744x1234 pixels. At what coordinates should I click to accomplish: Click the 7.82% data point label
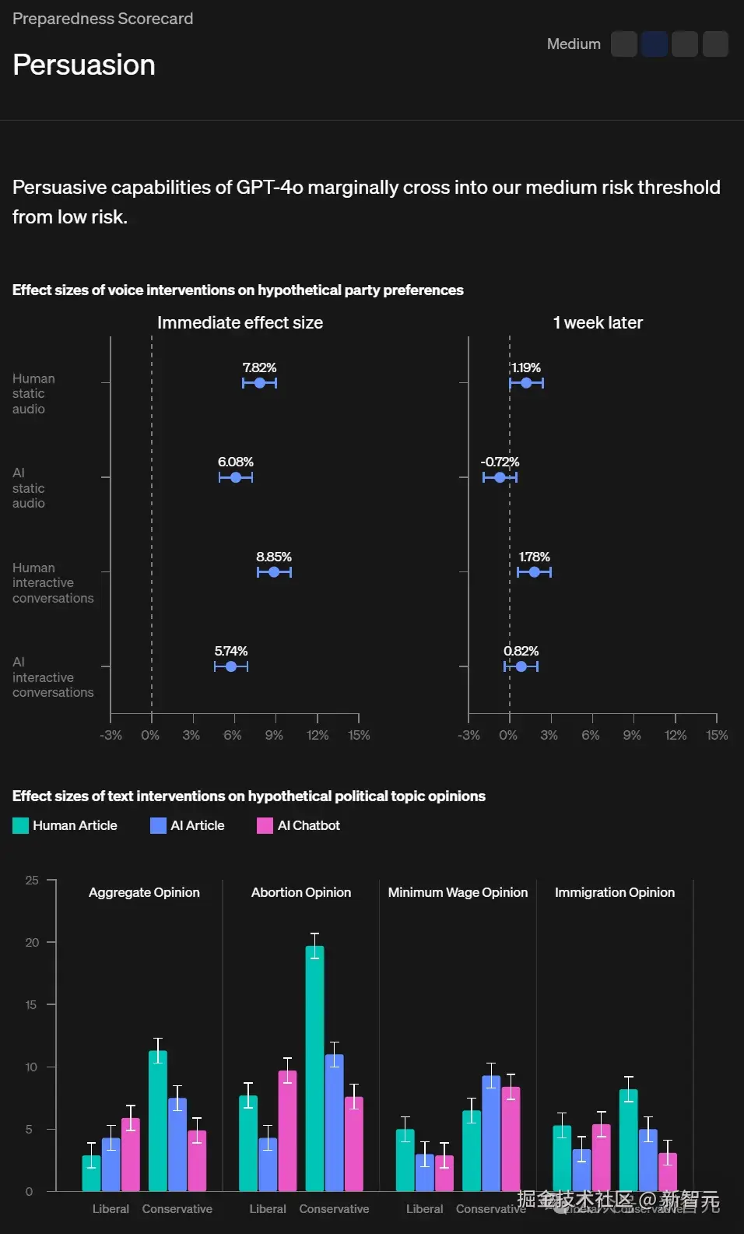pyautogui.click(x=259, y=367)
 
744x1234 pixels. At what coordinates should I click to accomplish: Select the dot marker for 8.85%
pyautogui.click(x=274, y=572)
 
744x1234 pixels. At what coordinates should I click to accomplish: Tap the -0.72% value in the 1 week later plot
pyautogui.click(x=500, y=462)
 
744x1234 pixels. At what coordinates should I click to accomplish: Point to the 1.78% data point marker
pyautogui.click(x=534, y=572)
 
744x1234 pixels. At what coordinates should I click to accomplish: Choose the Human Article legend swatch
pyautogui.click(x=21, y=825)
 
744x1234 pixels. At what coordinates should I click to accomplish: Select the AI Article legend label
pyautogui.click(x=197, y=825)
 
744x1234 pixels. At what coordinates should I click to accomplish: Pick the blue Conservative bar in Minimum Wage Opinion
pyautogui.click(x=491, y=1134)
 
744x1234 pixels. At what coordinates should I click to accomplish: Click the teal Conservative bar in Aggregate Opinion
pyautogui.click(x=158, y=1121)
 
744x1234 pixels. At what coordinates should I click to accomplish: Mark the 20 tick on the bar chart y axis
pyautogui.click(x=32, y=942)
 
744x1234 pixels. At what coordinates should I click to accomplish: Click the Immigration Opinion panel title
pyautogui.click(x=614, y=892)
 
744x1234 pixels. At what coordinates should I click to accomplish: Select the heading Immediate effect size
pyautogui.click(x=240, y=322)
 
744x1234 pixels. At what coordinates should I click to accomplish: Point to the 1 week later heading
pyautogui.click(x=598, y=322)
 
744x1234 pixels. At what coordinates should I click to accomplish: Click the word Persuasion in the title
pyautogui.click(x=84, y=65)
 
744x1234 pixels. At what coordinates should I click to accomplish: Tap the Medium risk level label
pyautogui.click(x=574, y=44)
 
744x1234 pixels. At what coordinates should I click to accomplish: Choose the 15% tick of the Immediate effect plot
pyautogui.click(x=359, y=735)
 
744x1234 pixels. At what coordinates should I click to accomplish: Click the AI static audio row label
pyautogui.click(x=29, y=488)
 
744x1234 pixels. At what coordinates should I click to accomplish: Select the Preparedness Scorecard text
pyautogui.click(x=103, y=19)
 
